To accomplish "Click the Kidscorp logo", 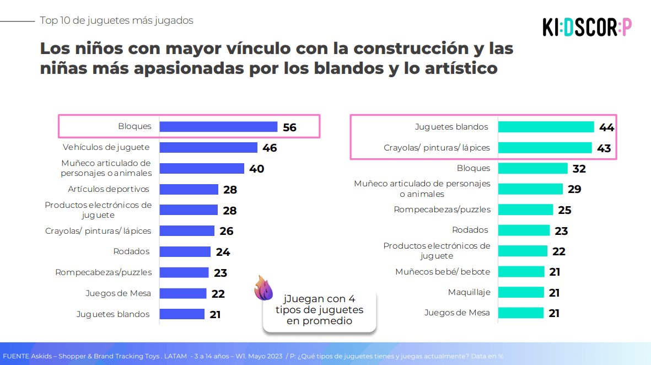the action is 587,27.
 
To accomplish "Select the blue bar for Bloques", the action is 218,127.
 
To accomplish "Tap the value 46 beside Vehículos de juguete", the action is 270,148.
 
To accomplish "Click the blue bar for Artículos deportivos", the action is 189,189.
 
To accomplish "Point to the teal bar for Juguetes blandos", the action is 546,127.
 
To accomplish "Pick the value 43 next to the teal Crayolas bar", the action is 604,148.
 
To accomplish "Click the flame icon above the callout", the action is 263,287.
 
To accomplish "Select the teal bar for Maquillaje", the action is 521,292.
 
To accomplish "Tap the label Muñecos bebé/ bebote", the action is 443,272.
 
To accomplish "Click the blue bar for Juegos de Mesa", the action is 183,293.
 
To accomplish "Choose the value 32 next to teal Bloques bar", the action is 579,169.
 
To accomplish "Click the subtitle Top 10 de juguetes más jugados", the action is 117,20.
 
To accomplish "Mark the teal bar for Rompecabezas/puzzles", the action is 526,210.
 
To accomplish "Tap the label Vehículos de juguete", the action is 106,147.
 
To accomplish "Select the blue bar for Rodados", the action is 185,251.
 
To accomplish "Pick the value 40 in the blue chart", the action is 256,169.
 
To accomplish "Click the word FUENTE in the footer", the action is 16,356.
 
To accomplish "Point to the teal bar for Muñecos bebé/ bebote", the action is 521,272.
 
